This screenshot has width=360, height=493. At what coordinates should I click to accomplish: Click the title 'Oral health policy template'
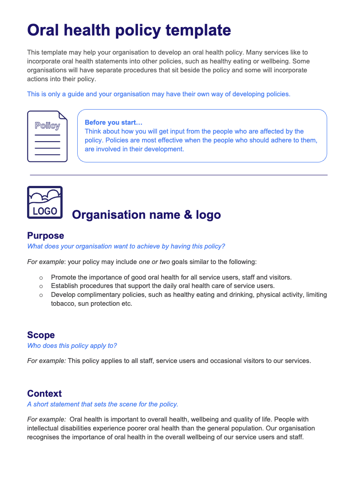tap(129, 31)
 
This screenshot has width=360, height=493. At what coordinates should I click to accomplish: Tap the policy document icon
tap(47, 136)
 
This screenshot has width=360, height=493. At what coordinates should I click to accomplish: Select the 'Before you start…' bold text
tap(113, 122)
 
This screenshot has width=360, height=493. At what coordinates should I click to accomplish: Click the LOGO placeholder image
tap(45, 202)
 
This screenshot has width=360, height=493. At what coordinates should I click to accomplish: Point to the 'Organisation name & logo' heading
tap(146, 215)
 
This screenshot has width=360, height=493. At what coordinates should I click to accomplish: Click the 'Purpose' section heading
tap(45, 236)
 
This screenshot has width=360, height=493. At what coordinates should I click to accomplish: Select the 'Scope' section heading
tap(41, 335)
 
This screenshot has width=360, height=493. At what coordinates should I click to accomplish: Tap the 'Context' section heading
tap(44, 394)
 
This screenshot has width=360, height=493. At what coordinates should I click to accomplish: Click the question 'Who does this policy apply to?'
tap(72, 346)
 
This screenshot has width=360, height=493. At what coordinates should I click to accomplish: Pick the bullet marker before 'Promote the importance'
tap(41, 278)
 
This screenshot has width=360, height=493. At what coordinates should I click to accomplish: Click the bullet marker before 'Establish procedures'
tap(41, 286)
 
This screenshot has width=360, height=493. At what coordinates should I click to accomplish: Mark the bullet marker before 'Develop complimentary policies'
tap(41, 295)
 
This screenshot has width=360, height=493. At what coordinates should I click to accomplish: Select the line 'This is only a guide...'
tap(158, 94)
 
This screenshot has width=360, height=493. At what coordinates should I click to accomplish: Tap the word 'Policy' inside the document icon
tap(47, 126)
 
